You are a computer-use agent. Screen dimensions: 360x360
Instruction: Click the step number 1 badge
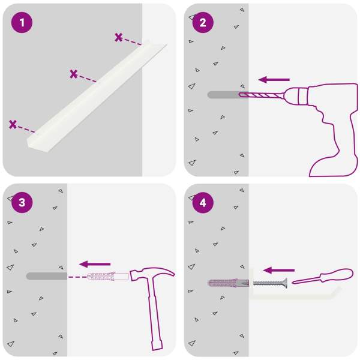coord(22,23)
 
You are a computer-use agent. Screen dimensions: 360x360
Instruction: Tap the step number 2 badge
coord(203,23)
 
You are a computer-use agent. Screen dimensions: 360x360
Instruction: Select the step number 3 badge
coord(22,203)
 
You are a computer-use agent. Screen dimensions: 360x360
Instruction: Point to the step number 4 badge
coord(203,203)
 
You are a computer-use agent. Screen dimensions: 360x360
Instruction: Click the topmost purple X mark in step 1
coord(119,37)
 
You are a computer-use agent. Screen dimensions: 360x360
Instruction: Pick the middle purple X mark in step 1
coord(73,74)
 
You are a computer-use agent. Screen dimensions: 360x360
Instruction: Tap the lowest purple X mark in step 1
coord(13,124)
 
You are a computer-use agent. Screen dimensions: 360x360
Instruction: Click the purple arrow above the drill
coord(274,80)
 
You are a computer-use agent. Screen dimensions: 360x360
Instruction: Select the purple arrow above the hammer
coord(95,264)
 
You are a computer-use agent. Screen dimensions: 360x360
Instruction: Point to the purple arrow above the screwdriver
coord(279,270)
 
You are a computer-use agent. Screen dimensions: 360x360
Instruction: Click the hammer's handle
coord(155,314)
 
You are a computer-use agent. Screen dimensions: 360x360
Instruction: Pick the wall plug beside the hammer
coord(107,277)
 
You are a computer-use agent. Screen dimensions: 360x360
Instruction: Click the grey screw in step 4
coord(270,283)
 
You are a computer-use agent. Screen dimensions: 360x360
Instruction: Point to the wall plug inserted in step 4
coord(229,283)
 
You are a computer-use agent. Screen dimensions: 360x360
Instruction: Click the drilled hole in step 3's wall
coord(47,276)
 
